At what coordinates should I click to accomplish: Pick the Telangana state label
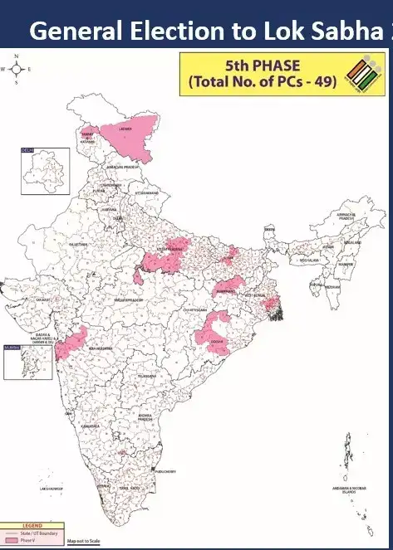pos(146,375)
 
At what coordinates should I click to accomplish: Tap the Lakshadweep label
pos(52,489)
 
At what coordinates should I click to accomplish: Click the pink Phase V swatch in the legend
pos(12,539)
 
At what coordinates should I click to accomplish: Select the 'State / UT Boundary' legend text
pos(42,533)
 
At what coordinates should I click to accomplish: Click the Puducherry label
pos(165,470)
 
